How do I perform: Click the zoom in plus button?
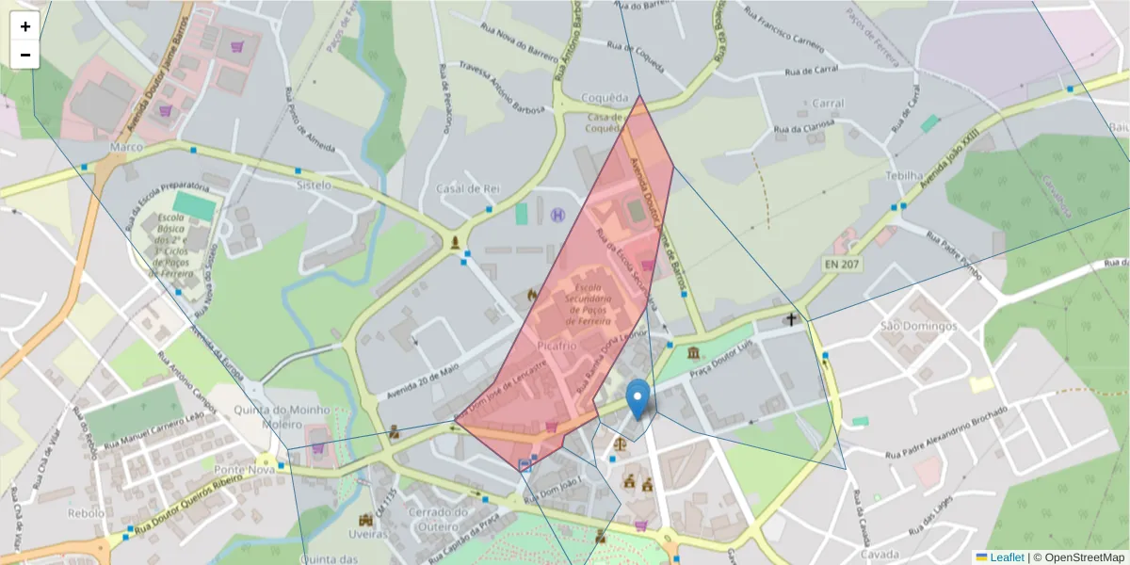pyautogui.click(x=25, y=26)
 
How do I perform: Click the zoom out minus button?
pyautogui.click(x=25, y=55)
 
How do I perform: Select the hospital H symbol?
pyautogui.click(x=557, y=216)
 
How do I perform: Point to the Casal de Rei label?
pyautogui.click(x=466, y=188)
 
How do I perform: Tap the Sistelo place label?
pyautogui.click(x=314, y=186)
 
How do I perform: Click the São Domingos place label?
pyautogui.click(x=917, y=326)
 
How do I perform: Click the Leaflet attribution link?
pyautogui.click(x=1006, y=557)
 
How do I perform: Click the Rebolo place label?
pyautogui.click(x=87, y=513)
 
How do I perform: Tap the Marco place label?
pyautogui.click(x=125, y=148)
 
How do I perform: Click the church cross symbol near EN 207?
pyautogui.click(x=792, y=319)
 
